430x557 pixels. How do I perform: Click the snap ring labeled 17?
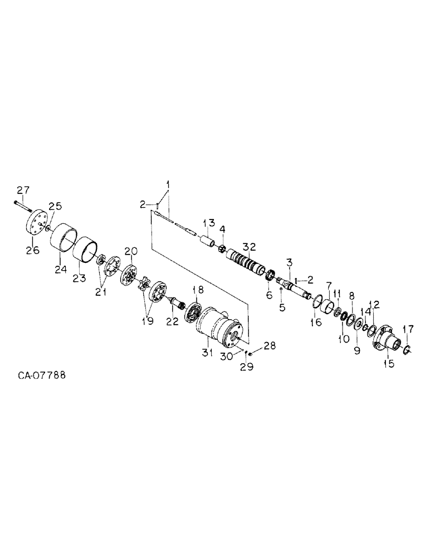(x=407, y=349)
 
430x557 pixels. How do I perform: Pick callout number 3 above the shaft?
(x=290, y=261)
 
